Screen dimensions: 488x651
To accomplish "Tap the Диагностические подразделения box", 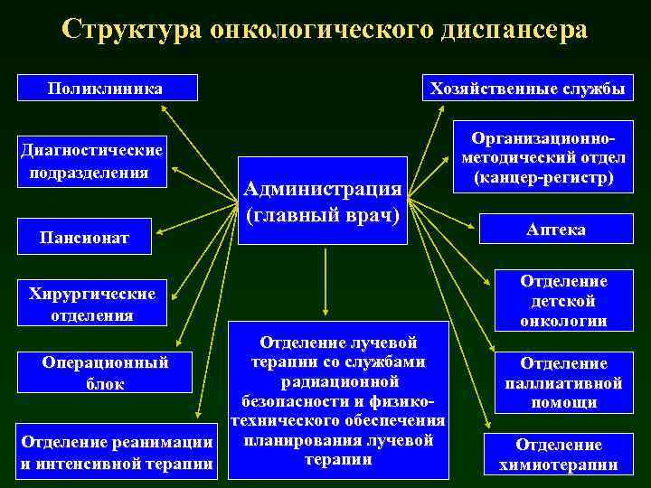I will tap(94, 161).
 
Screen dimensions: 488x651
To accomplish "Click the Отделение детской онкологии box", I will tap(563, 302).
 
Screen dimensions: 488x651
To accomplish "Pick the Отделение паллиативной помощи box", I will tap(563, 382).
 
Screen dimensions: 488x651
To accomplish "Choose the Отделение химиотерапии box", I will tap(558, 455).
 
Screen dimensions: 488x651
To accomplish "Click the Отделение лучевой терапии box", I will tap(337, 399).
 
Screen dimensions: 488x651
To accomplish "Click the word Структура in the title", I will tap(132, 29).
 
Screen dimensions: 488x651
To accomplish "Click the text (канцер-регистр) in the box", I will tap(537, 177).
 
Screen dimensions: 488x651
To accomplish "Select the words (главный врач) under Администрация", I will tap(323, 218).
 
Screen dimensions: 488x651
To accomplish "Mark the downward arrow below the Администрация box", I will tap(325, 280).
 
